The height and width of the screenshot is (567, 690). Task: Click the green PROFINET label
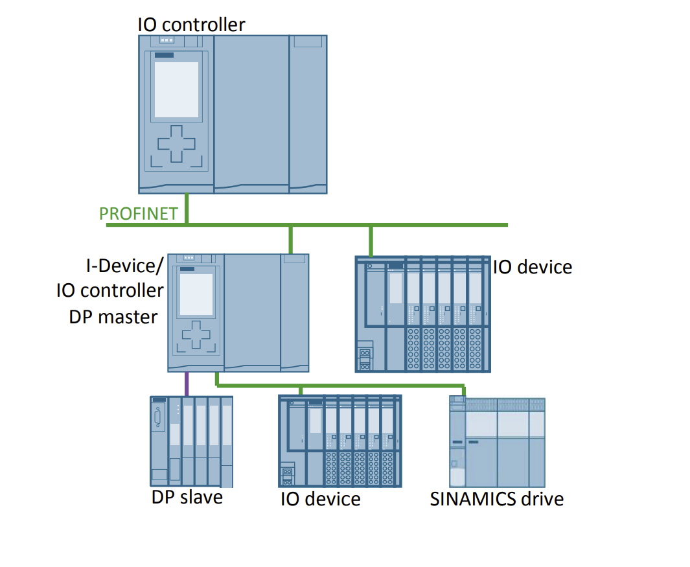138,214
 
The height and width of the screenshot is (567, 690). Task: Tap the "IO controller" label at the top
191,25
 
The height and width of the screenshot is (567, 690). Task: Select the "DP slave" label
187,497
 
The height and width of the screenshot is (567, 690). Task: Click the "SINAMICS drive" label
496,499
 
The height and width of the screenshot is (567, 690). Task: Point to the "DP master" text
113,317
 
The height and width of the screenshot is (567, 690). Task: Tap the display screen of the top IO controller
176,89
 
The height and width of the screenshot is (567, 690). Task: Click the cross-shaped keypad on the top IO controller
176,144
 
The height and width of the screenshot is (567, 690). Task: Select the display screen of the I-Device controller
196,294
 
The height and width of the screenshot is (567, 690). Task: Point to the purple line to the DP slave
187,384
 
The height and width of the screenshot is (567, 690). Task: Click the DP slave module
191,441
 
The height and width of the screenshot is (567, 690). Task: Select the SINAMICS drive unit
497,441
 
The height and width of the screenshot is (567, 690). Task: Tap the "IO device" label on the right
533,267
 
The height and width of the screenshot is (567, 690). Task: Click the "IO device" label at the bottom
320,499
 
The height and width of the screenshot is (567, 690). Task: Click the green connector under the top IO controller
187,208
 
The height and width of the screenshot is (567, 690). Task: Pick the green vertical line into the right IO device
371,240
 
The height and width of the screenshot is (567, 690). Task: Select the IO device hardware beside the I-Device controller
422,314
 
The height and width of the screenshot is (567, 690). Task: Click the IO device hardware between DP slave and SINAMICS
339,441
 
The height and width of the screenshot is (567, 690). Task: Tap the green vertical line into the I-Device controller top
291,239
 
